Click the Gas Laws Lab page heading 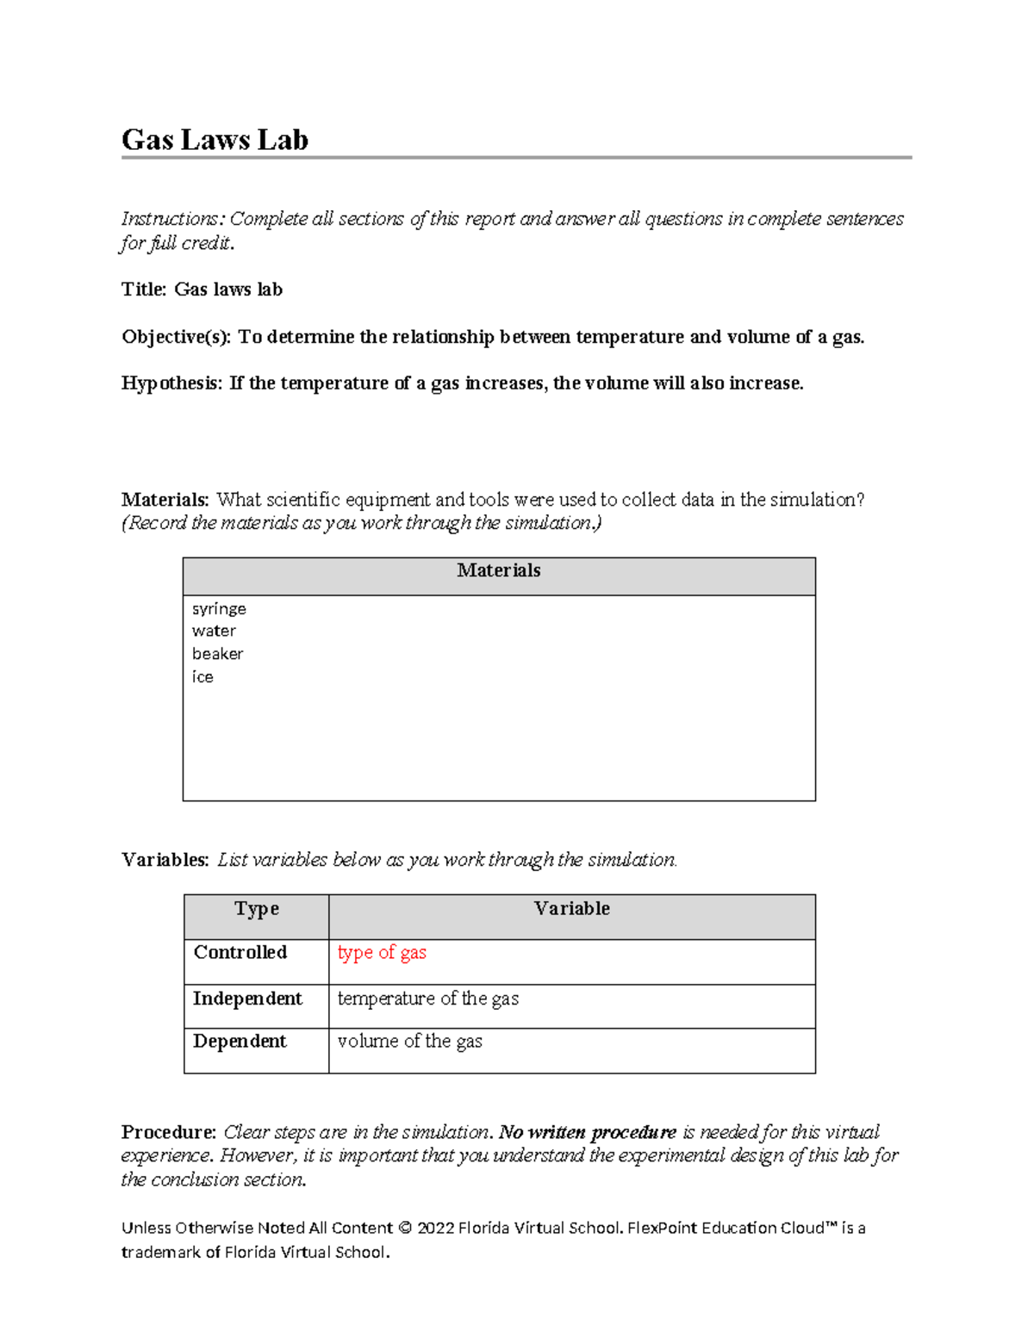coord(215,140)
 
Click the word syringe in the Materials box coord(219,609)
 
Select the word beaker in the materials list coord(217,654)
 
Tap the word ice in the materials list coord(202,677)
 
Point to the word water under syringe coord(214,632)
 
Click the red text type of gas coord(382,953)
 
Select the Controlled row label coord(240,953)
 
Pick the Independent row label coord(247,999)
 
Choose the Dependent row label coord(240,1042)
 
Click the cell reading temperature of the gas coord(427,999)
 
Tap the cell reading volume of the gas coord(409,1042)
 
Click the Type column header coord(256,909)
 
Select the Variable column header coord(571,909)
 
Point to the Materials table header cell coord(499,571)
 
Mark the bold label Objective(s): coord(176,337)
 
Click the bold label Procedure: coord(168,1132)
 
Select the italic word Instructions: coord(171,219)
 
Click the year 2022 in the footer coord(436,1229)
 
